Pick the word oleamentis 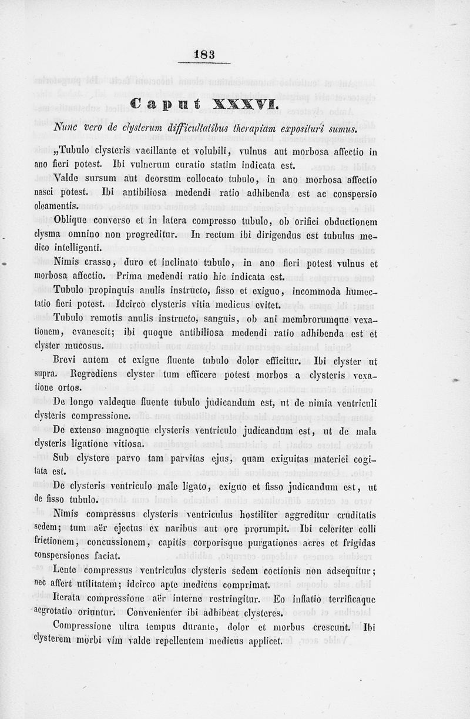tap(56, 205)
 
